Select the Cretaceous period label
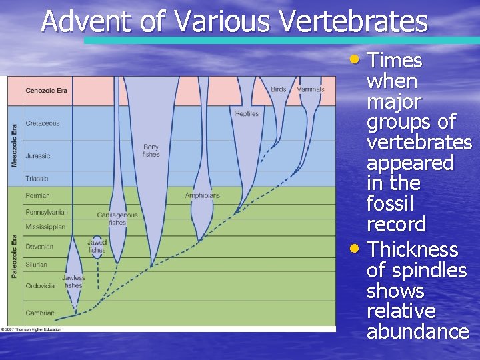tap(42, 123)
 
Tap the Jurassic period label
tap(37, 156)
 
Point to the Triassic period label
tap(37, 179)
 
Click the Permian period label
tap(37, 196)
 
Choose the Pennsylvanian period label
tap(46, 212)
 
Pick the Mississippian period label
tap(46, 227)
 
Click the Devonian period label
tap(39, 247)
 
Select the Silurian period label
tap(37, 265)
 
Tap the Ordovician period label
tap(41, 286)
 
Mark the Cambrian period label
tap(39, 313)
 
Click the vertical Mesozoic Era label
tap(14, 145)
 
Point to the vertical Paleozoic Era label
tap(14, 257)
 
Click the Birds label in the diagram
tap(278, 89)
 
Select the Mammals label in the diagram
tap(310, 89)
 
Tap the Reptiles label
tap(247, 113)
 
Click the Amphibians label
tap(202, 195)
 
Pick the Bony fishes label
tap(151, 151)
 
